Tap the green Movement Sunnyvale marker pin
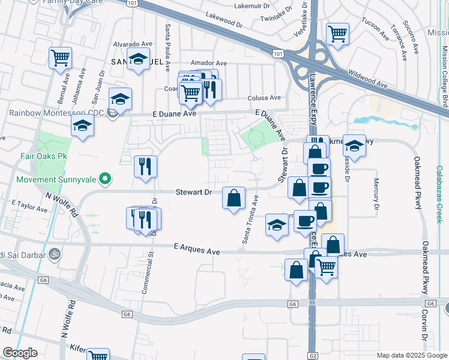click(x=105, y=179)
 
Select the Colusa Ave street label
click(x=264, y=98)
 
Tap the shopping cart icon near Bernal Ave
click(x=60, y=58)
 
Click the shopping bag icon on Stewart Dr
click(x=234, y=196)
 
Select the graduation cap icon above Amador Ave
click(x=139, y=59)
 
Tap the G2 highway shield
click(x=313, y=355)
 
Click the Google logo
click(x=20, y=353)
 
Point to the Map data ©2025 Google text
click(x=411, y=355)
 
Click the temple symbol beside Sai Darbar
click(x=55, y=254)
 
